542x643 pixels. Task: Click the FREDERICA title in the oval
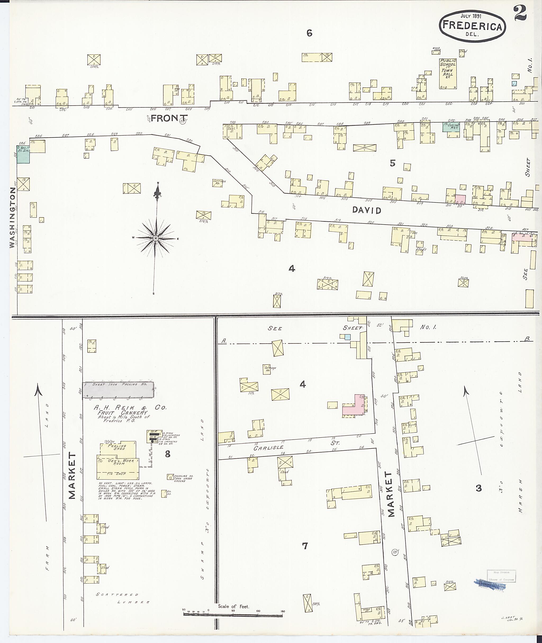472,26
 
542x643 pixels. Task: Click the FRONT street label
169,118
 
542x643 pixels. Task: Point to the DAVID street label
367,210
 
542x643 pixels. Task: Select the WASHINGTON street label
12,218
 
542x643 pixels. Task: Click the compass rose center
156,239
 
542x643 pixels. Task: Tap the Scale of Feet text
233,606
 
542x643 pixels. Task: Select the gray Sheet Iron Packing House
119,390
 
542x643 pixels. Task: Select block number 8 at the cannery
168,454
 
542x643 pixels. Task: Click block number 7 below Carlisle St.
305,546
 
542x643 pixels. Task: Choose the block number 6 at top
309,33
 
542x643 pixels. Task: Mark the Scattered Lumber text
123,598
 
